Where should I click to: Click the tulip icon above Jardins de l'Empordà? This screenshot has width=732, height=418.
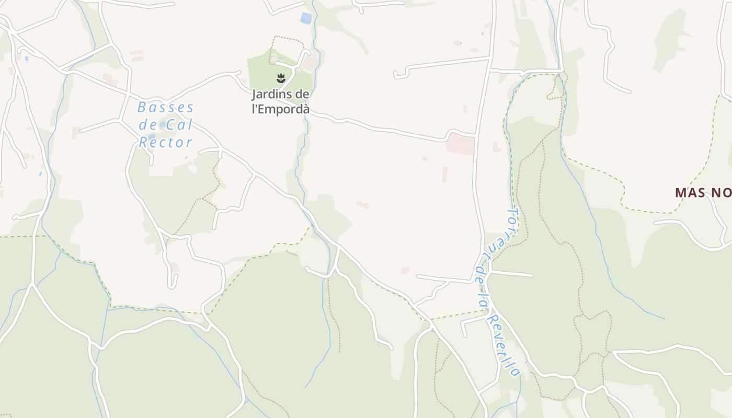point(281,79)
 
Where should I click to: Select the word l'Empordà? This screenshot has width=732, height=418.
point(281,109)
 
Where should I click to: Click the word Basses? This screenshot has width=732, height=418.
point(165,108)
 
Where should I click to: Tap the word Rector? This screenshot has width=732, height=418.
point(166,142)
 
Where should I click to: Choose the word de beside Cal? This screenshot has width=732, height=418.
point(148,125)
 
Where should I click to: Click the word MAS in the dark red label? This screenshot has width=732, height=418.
point(691,192)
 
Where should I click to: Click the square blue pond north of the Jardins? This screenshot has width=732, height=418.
point(306,18)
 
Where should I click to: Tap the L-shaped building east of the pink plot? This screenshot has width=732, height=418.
point(496,147)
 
